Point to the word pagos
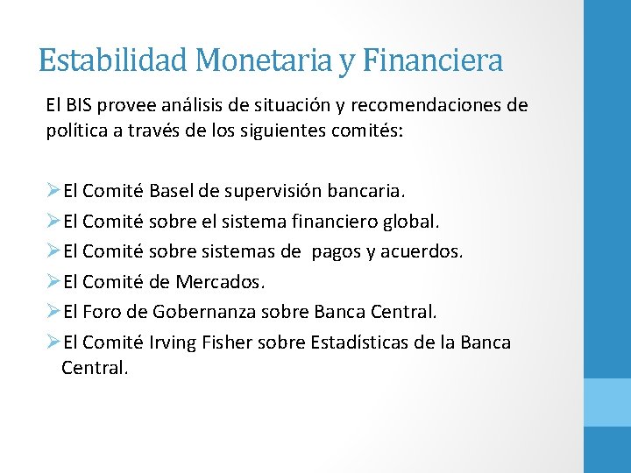click(337, 251)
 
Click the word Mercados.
click(219, 282)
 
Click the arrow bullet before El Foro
click(53, 312)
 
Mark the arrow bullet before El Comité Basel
click(53, 190)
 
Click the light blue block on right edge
click(607, 402)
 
